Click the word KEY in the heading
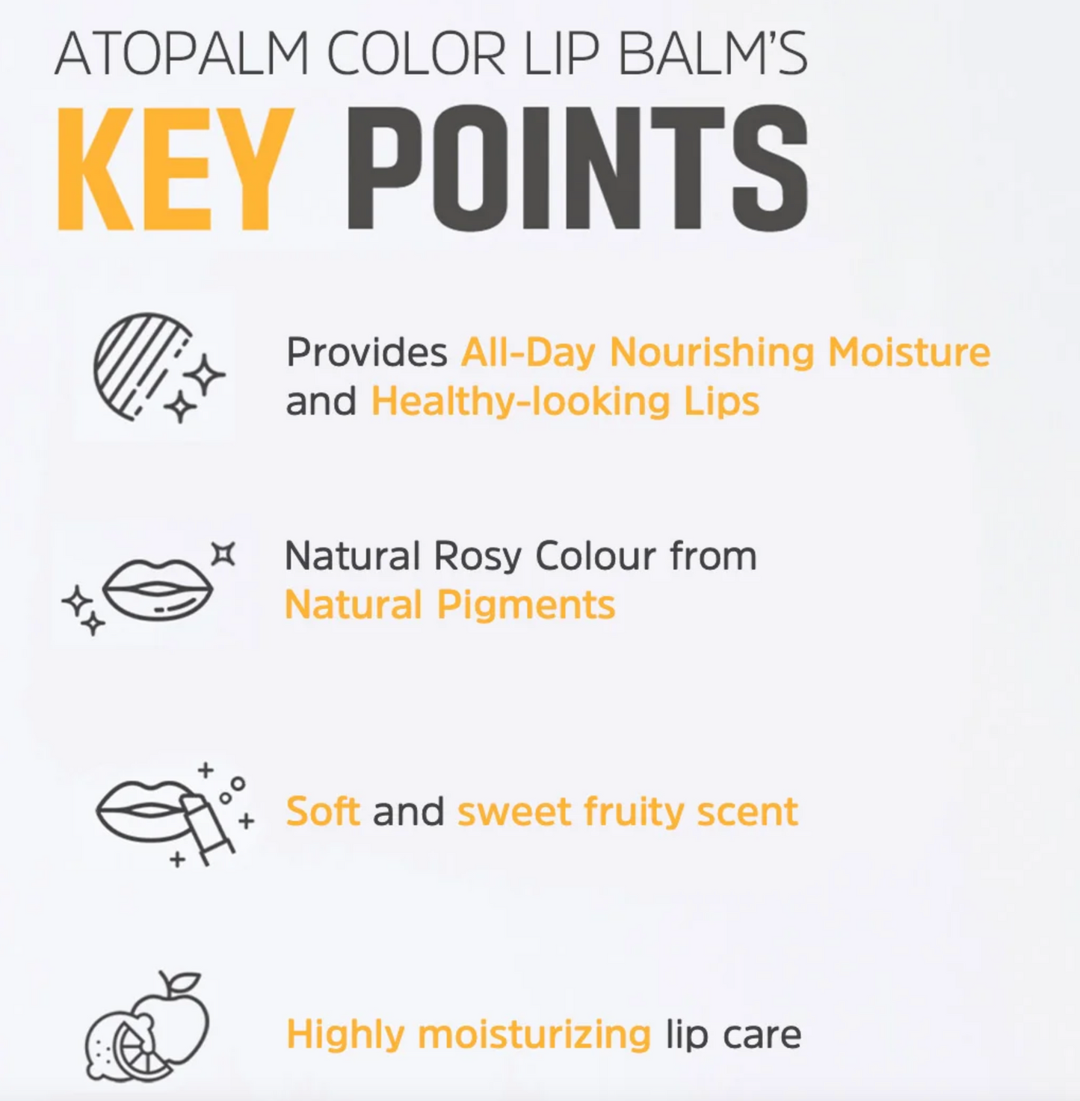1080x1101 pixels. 174,168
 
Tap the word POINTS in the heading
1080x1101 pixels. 576,168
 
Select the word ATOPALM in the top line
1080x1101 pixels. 182,55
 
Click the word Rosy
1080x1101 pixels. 477,556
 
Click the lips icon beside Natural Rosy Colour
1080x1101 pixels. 157,589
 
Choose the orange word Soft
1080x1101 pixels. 323,812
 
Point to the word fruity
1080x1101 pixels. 633,812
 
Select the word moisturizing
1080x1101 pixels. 534,1034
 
